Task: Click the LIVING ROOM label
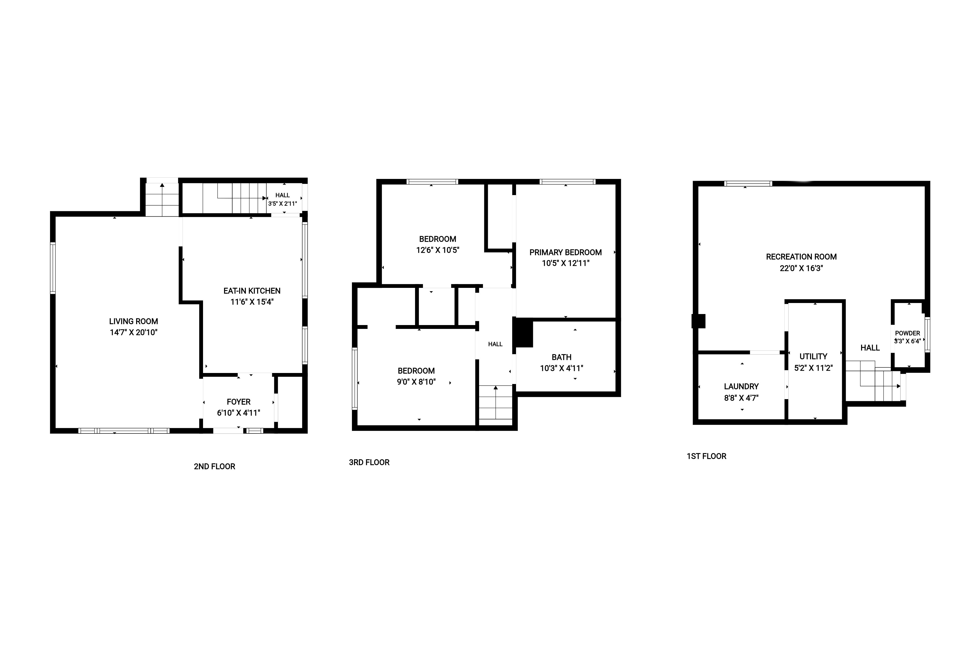tap(134, 321)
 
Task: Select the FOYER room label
tap(239, 402)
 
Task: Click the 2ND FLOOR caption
tap(214, 466)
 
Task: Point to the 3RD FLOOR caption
tap(369, 462)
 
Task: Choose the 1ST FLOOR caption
tap(706, 456)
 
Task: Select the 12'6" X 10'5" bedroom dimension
tap(438, 250)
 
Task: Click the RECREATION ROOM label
tap(801, 257)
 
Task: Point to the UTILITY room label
tap(813, 356)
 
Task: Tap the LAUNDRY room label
tap(741, 387)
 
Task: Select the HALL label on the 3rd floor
tap(495, 344)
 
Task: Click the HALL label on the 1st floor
tap(870, 348)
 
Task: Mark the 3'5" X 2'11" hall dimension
tap(282, 204)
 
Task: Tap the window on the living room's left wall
tap(53, 268)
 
